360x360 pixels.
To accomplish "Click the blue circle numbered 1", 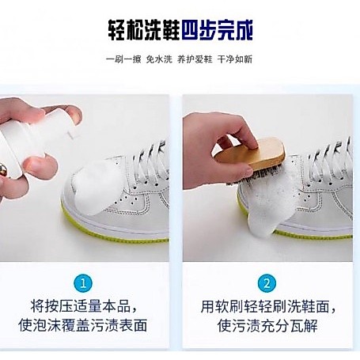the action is [83, 283].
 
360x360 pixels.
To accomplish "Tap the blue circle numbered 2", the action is [267, 283].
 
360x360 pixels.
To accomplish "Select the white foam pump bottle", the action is [32, 140].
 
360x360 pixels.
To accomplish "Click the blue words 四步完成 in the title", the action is [217, 30].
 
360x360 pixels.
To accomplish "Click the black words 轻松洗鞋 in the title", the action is [144, 30].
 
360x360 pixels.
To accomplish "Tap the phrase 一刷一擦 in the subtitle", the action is [123, 59].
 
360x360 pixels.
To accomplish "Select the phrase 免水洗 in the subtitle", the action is [159, 59].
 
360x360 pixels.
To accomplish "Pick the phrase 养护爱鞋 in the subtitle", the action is [195, 59].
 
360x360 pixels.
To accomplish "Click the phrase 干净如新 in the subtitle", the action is [235, 59].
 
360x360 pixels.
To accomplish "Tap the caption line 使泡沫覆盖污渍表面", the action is [83, 325].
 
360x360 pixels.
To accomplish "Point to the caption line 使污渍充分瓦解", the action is [267, 325].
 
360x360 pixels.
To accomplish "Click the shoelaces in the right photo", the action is [330, 158].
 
